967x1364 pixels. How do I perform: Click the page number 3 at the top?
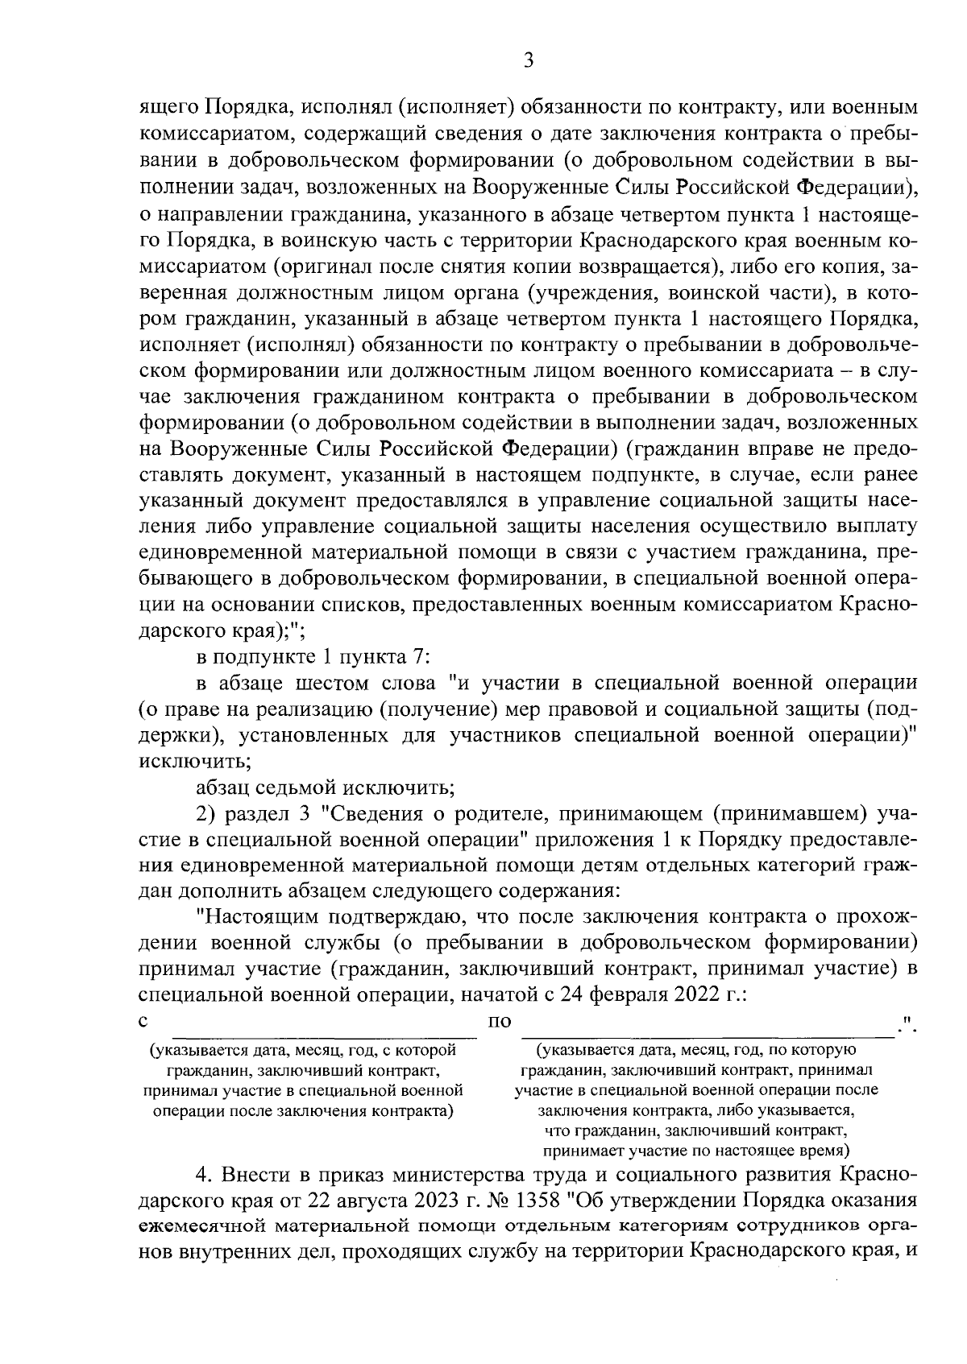529,61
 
